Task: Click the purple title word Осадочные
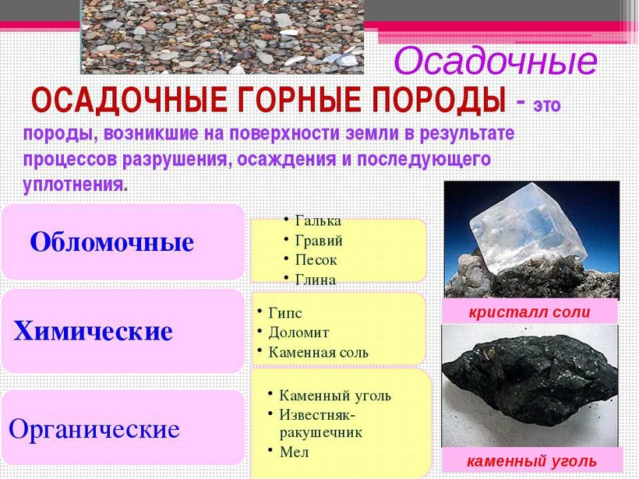tap(495, 61)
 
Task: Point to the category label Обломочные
tap(111, 242)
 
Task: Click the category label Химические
tap(93, 330)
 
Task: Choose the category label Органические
tap(94, 429)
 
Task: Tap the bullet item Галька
tap(318, 220)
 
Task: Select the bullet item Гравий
tap(319, 241)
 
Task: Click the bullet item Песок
tap(316, 260)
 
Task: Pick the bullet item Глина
tap(316, 280)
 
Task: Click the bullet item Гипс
tap(285, 313)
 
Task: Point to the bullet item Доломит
tap(298, 333)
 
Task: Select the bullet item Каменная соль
tap(318, 352)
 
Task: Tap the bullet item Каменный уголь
tap(335, 396)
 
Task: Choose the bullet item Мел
tap(295, 452)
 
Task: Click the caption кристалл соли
tap(529, 312)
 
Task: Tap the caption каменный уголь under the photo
tap(531, 462)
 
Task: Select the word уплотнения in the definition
tap(73, 185)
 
